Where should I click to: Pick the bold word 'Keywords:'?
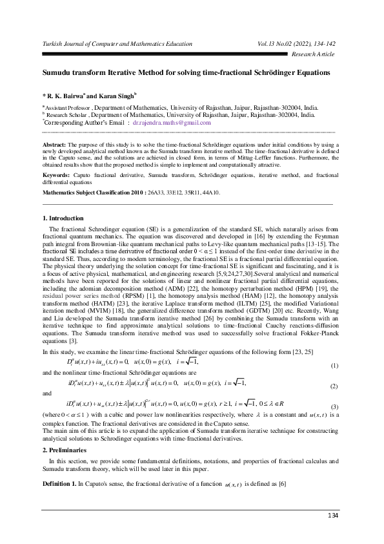(x=56, y=175)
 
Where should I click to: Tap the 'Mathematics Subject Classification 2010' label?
(x=93, y=193)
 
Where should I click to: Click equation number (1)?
(x=334, y=366)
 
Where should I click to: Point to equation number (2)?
(x=334, y=386)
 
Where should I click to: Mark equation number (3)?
(x=334, y=406)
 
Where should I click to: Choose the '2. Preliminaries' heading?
(x=64, y=448)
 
